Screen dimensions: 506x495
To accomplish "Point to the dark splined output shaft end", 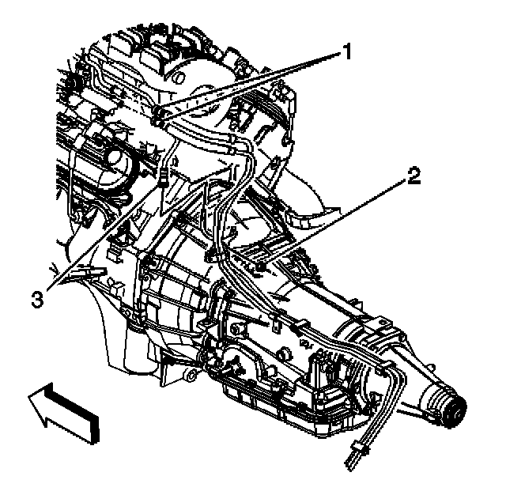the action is (x=455, y=410).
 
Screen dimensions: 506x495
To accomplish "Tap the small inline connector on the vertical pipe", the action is (x=162, y=176).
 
